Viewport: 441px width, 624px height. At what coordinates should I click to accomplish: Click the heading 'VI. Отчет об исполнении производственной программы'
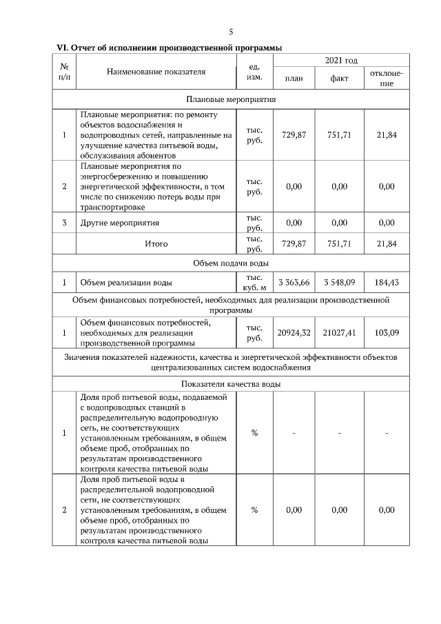pos(170,48)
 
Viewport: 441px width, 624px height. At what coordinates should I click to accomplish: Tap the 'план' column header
pos(294,79)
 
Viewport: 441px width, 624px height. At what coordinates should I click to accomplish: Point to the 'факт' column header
pos(340,79)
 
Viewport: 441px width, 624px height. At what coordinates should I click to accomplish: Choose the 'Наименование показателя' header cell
pos(156,71)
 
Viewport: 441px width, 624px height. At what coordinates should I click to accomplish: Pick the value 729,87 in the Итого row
pos(294,243)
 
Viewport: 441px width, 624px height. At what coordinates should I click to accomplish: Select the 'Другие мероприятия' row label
pos(120,223)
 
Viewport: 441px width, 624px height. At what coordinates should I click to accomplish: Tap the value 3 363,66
pos(294,283)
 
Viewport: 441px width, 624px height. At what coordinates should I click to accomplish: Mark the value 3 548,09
pos(340,283)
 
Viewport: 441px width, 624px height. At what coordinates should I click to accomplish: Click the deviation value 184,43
pos(387,283)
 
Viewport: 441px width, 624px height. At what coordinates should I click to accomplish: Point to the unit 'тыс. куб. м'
pos(254,283)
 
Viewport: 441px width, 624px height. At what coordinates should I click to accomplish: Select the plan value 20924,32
pos(294,332)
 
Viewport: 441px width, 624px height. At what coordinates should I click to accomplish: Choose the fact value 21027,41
pos(340,332)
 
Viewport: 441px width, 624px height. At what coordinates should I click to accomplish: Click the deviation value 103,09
pos(387,332)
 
